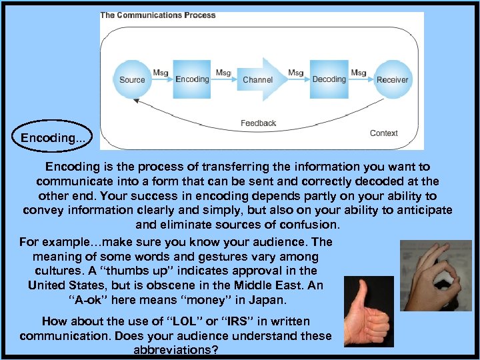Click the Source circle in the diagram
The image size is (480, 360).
click(x=132, y=79)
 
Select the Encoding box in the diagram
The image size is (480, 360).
click(x=192, y=79)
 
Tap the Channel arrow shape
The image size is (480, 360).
click(x=259, y=79)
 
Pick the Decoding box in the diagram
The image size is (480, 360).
click(x=329, y=79)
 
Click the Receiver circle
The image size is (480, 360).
click(x=392, y=79)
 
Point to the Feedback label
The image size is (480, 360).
click(x=258, y=123)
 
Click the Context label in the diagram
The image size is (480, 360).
click(x=383, y=133)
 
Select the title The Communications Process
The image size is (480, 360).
click(x=158, y=15)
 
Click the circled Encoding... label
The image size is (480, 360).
click(x=53, y=137)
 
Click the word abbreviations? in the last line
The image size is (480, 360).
click(x=176, y=349)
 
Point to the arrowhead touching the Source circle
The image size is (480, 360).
click(x=136, y=100)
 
